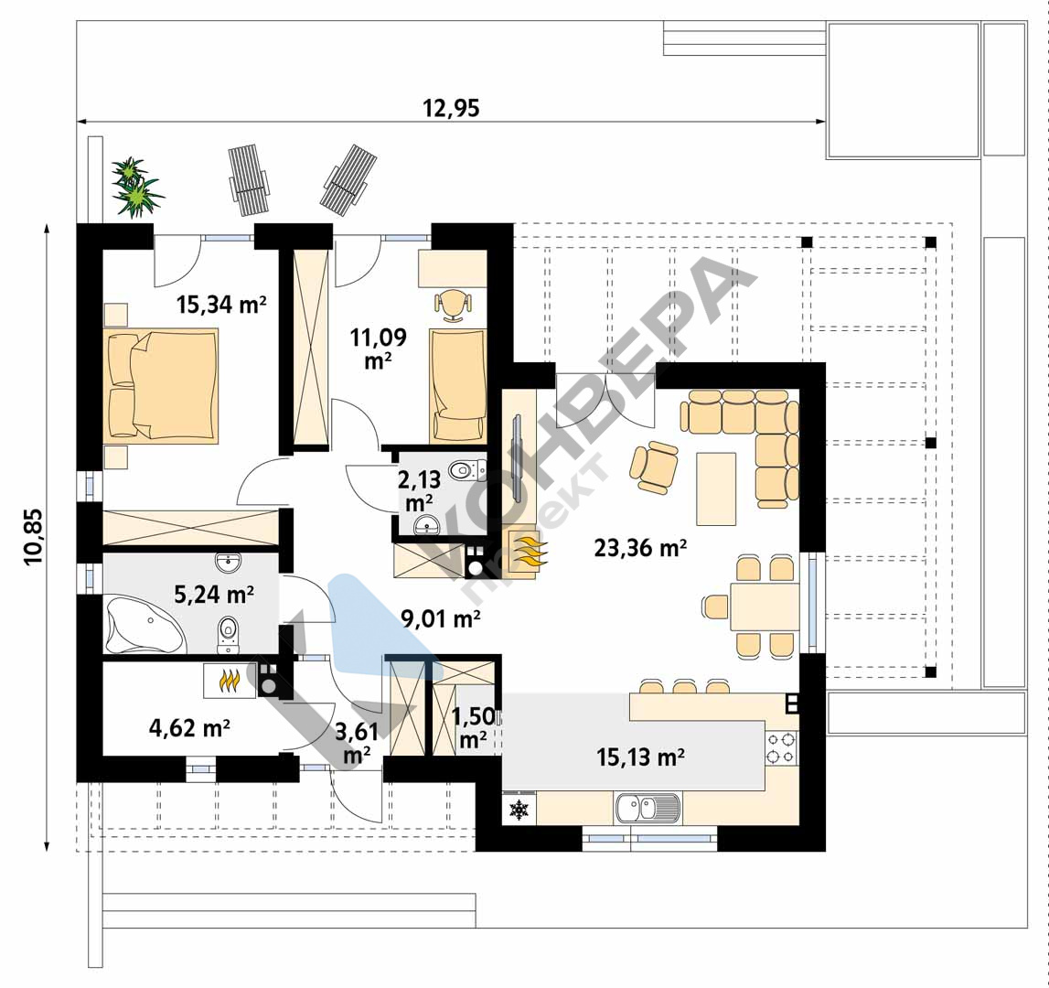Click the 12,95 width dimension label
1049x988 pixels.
pos(451,108)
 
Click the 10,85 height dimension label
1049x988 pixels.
pos(34,537)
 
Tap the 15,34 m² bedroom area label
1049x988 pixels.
pos(221,305)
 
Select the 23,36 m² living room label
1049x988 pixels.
pos(640,548)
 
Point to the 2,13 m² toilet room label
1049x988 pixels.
pos(420,490)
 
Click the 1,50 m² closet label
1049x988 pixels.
pos(474,727)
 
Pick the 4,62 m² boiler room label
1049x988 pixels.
pos(190,727)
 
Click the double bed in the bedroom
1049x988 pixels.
pos(161,385)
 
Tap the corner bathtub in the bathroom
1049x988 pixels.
pos(145,625)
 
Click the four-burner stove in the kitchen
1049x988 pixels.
pos(781,747)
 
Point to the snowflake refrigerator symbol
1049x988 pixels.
pos(519,810)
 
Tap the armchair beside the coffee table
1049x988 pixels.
pos(653,467)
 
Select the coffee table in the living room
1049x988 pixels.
pos(716,489)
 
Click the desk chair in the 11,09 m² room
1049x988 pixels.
pos(453,304)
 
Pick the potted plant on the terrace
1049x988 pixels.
pos(136,188)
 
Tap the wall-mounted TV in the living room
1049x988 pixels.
pos(517,457)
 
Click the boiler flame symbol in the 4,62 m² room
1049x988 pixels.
pos(229,682)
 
